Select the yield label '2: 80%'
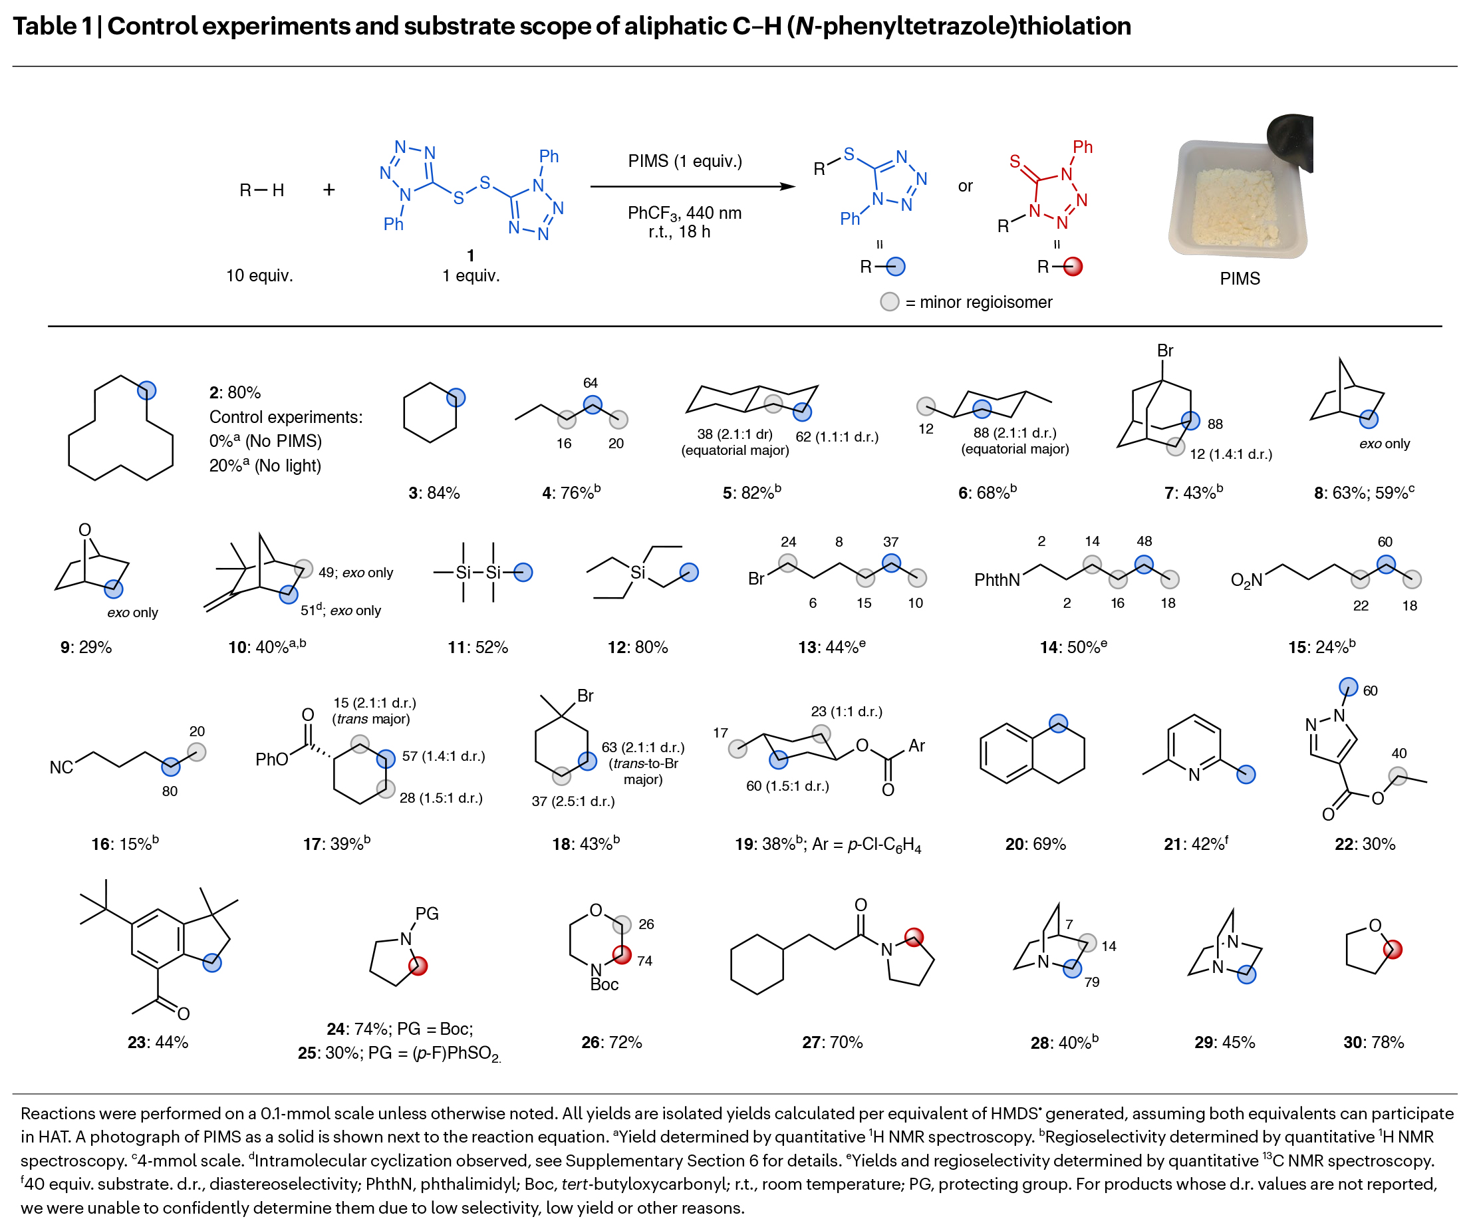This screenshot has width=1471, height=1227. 235,392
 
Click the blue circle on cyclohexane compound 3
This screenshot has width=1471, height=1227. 456,398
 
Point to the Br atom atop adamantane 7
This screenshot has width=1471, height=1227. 1164,351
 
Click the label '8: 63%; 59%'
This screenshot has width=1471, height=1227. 1363,492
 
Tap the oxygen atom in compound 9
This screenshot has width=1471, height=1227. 84,530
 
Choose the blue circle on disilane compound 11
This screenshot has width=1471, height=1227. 523,572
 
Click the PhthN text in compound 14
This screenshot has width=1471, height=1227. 997,580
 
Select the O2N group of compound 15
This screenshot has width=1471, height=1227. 1246,581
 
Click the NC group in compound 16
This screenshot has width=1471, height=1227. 61,767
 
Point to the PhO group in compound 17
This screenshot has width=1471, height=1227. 272,760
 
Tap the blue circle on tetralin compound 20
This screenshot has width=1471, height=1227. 1059,724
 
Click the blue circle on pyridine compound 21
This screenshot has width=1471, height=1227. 1246,774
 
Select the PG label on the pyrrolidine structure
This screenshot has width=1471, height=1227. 426,913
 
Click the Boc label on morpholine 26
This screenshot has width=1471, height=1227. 604,985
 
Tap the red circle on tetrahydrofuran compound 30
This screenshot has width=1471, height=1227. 1393,950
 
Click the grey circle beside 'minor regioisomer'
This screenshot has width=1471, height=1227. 890,302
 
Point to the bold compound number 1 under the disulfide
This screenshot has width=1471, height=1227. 471,255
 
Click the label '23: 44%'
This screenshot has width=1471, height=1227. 158,1042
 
